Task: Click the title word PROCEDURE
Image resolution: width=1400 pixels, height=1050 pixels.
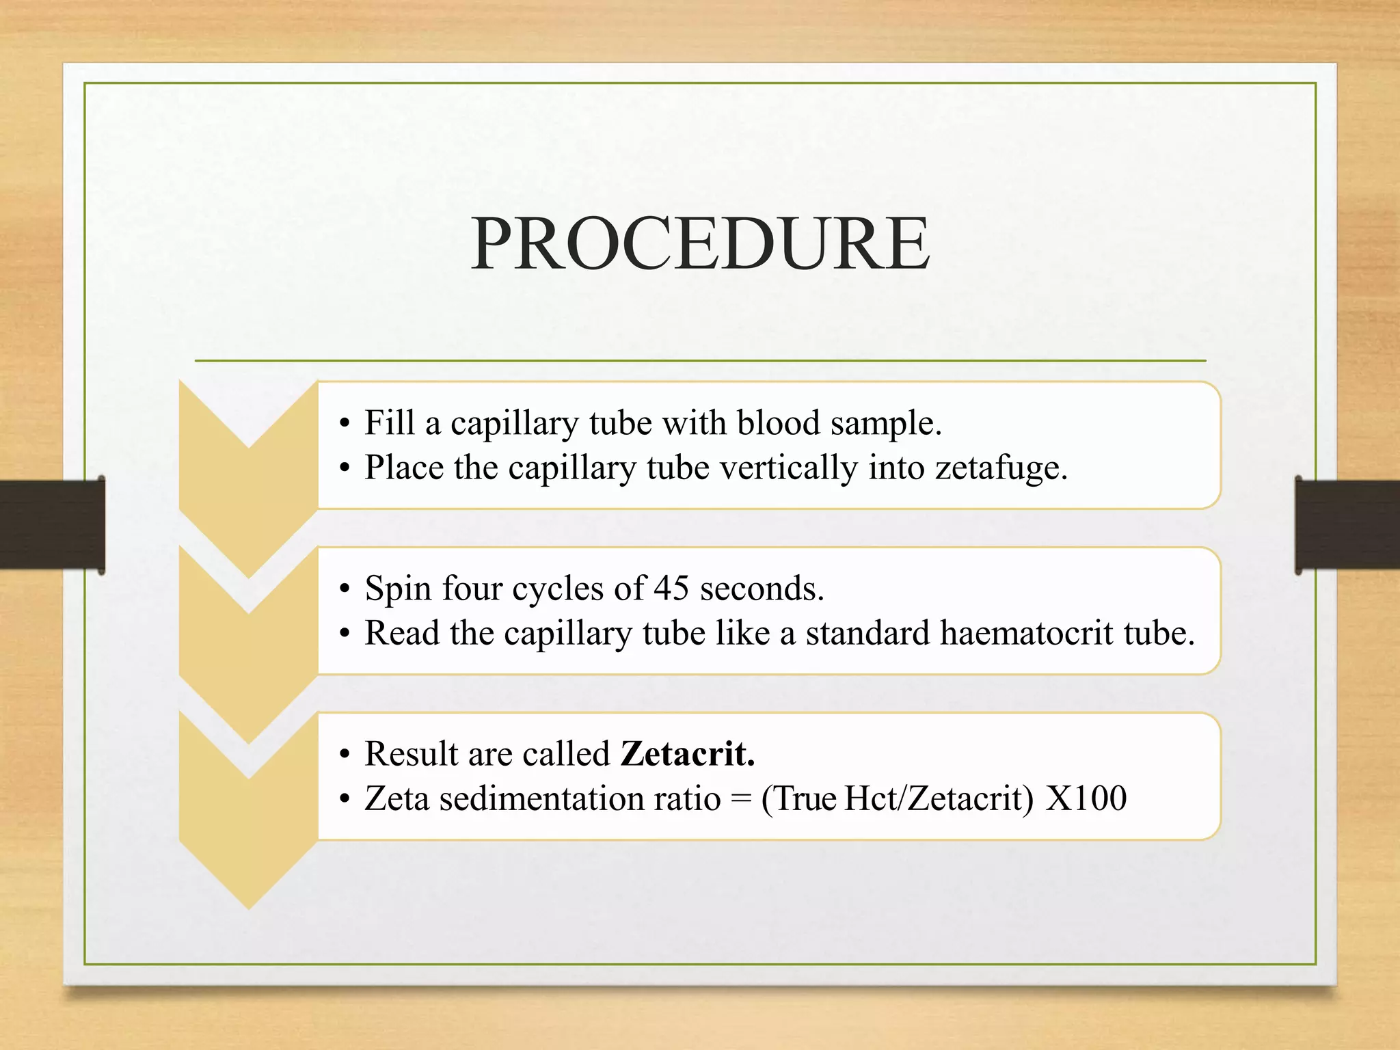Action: pyautogui.click(x=700, y=243)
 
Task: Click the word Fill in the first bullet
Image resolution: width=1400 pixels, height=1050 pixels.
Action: pyautogui.click(x=389, y=422)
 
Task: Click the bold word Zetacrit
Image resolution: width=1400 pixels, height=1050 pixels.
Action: pyautogui.click(x=688, y=754)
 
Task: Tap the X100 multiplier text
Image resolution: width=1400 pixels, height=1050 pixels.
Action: pyautogui.click(x=1086, y=798)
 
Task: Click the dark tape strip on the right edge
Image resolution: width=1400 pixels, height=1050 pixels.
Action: pyautogui.click(x=1347, y=525)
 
